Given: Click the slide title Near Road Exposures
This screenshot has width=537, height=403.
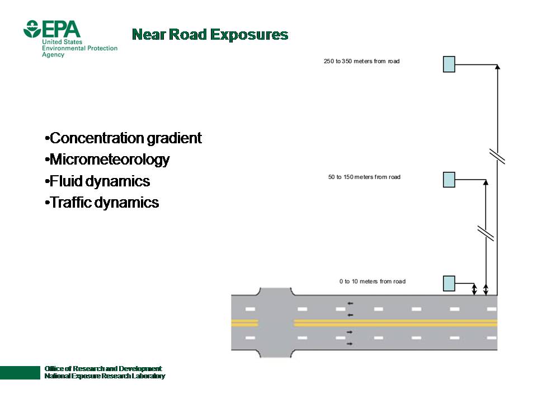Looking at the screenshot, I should pos(210,35).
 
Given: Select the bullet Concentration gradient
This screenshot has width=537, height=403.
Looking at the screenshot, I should pos(123,138).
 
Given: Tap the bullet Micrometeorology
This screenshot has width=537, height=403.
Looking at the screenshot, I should pos(107,160).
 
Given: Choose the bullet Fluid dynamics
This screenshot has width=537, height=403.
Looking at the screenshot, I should pos(97,181).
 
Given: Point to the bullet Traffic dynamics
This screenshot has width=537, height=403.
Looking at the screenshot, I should pos(102,203).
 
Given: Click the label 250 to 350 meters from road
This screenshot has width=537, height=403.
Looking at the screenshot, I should pos(361,61).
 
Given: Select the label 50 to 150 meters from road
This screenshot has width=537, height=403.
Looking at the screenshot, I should pos(364,177).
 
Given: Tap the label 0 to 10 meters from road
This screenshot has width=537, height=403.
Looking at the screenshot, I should pos(372,282).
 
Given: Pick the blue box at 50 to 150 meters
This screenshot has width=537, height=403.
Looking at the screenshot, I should pos(449,180).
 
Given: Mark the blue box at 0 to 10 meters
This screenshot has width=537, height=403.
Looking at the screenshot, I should pos(449,284).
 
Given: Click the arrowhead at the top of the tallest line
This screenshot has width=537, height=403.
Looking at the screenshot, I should pos(497,67).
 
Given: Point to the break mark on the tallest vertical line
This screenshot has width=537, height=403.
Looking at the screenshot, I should pos(497,157).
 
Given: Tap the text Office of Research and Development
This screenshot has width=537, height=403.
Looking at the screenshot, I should pos(103,368).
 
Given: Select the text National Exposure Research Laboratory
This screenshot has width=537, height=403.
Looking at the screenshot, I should pos(105,377).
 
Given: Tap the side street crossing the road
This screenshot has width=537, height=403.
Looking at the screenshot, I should pos(275,323).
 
